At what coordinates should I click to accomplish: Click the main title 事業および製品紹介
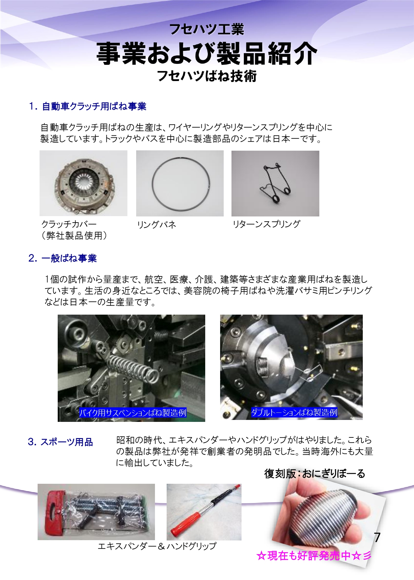tap(207, 53)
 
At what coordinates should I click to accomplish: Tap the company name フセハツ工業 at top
tap(207, 29)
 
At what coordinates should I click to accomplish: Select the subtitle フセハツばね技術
tap(207, 76)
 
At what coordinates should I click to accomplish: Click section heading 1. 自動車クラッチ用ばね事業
tap(88, 106)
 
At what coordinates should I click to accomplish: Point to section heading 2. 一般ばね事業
tap(63, 258)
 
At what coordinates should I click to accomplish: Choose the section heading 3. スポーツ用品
tap(61, 442)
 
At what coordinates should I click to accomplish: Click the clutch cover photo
tap(83, 183)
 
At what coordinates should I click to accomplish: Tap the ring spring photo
tap(180, 183)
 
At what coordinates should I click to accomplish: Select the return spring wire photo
tap(275, 183)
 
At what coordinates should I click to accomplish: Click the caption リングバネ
tap(157, 224)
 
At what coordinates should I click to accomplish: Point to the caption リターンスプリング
tap(266, 224)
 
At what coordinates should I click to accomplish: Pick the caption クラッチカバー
tap(69, 224)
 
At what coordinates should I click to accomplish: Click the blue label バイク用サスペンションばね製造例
tap(133, 412)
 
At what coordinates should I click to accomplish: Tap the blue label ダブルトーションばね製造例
tap(294, 412)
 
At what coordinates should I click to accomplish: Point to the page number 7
tap(377, 538)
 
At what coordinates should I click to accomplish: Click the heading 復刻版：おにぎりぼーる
tap(315, 473)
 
